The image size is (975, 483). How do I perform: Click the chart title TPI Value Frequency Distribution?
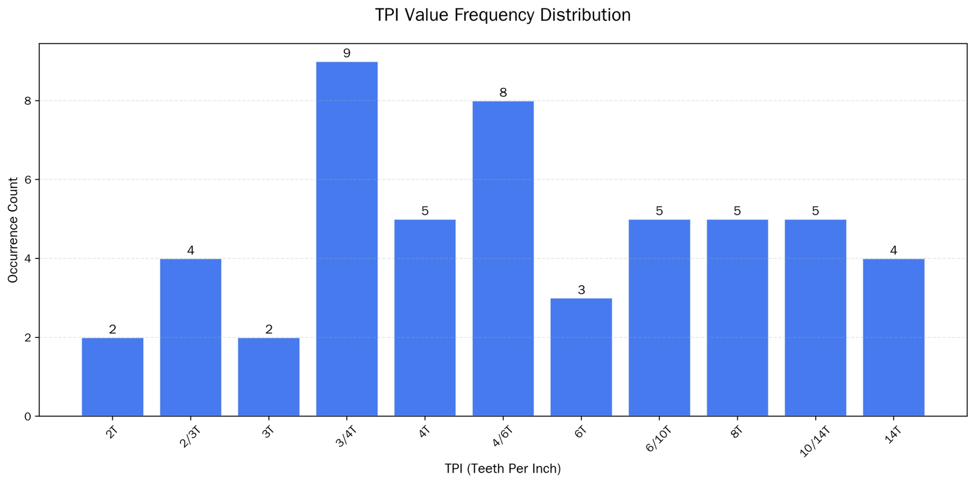(502, 15)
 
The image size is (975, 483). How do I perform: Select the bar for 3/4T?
(347, 239)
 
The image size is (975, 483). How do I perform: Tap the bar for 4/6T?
(503, 258)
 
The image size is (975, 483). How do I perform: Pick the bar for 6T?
(581, 357)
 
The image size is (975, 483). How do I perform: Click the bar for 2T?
(113, 376)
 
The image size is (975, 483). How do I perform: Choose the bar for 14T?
(893, 337)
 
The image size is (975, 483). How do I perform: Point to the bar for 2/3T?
(191, 337)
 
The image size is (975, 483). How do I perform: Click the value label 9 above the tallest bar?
(347, 54)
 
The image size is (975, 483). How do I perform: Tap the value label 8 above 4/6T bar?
(503, 93)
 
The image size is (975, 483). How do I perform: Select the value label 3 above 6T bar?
(581, 291)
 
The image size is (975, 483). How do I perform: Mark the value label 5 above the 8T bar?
(737, 211)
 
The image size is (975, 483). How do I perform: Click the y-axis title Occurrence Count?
(13, 230)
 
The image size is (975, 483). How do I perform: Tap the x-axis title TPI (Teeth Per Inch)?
(503, 469)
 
